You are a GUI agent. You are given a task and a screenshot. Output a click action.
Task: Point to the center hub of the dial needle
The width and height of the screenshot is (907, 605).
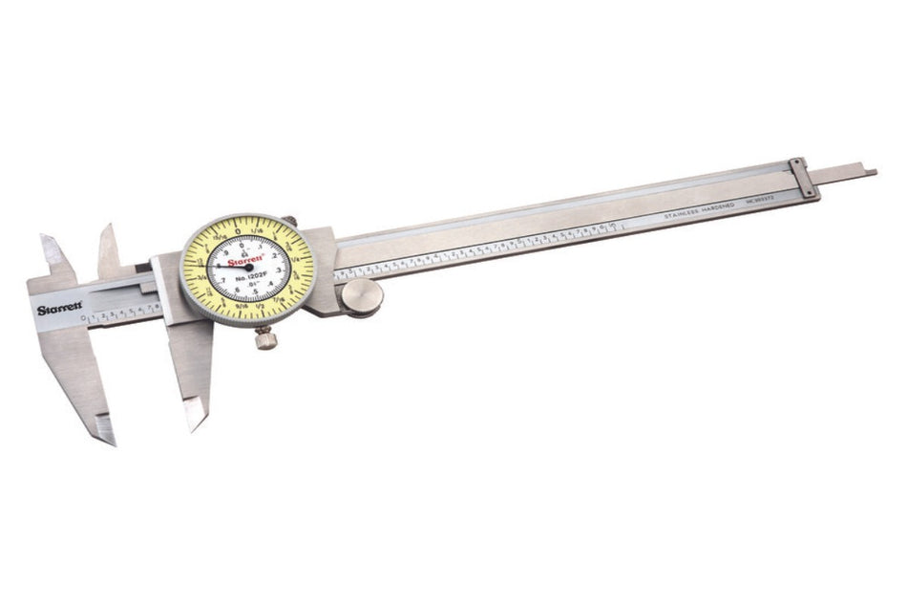click(248, 270)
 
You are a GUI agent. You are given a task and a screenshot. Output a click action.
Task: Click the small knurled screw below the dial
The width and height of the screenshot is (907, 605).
click(265, 336)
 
